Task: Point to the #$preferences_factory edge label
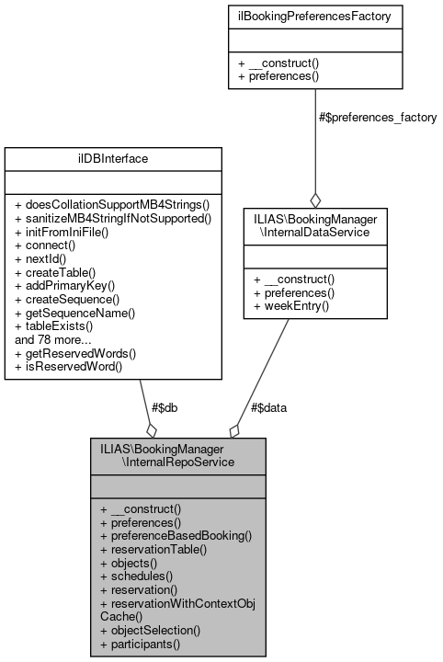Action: click(377, 118)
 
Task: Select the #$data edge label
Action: click(267, 407)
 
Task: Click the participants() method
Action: click(140, 645)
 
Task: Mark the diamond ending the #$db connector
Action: click(151, 429)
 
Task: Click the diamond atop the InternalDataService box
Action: click(314, 200)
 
